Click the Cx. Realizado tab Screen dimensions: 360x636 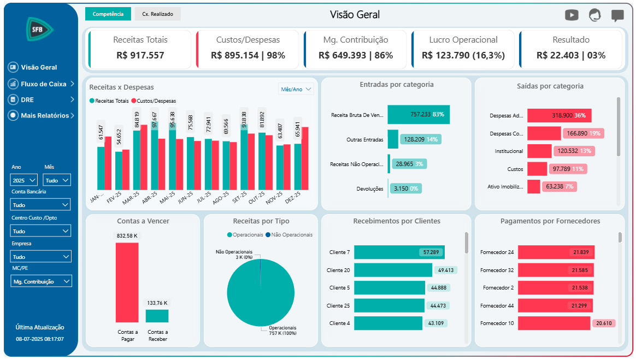click(157, 14)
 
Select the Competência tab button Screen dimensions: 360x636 click(108, 14)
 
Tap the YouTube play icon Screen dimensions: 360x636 click(572, 15)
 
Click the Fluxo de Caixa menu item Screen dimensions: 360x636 click(43, 84)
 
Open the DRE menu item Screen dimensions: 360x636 click(27, 100)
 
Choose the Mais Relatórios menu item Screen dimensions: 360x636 click(45, 116)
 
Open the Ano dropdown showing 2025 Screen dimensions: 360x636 click(23, 180)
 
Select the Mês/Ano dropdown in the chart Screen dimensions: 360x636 click(296, 89)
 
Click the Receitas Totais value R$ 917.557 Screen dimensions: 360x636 click(140, 55)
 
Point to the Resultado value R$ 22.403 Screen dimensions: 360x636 click(571, 55)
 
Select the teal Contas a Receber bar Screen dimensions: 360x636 click(157, 316)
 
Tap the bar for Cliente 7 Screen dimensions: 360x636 click(399, 252)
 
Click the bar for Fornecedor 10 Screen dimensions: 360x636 click(554, 323)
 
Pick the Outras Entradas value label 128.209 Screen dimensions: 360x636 click(420, 139)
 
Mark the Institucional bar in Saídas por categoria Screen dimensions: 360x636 click(539, 151)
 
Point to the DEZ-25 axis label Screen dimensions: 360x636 click(293, 197)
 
